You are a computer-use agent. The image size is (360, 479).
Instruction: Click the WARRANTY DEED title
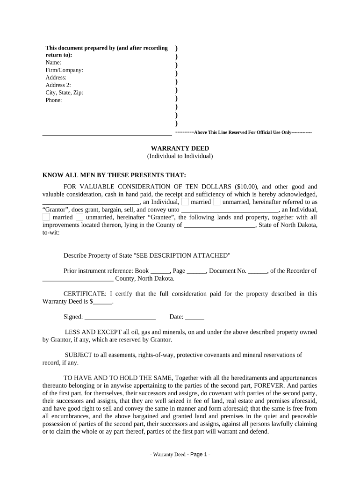click(180, 148)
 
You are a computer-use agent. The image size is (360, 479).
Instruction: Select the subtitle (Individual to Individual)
click(180, 156)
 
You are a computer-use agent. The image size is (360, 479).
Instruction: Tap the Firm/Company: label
click(64, 70)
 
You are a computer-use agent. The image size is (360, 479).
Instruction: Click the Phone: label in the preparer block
click(54, 100)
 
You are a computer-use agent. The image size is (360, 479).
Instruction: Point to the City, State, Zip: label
click(64, 93)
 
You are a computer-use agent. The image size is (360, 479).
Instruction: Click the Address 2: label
click(58, 85)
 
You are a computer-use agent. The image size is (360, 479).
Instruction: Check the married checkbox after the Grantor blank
click(186, 202)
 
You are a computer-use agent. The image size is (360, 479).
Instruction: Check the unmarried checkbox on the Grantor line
click(216, 202)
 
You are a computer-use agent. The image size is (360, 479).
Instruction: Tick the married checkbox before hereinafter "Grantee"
click(46, 217)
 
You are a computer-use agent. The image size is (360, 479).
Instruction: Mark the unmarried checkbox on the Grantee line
click(79, 217)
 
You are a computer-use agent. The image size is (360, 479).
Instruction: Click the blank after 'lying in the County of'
click(220, 225)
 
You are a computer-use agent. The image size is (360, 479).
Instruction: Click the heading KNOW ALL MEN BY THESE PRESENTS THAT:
click(114, 175)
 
